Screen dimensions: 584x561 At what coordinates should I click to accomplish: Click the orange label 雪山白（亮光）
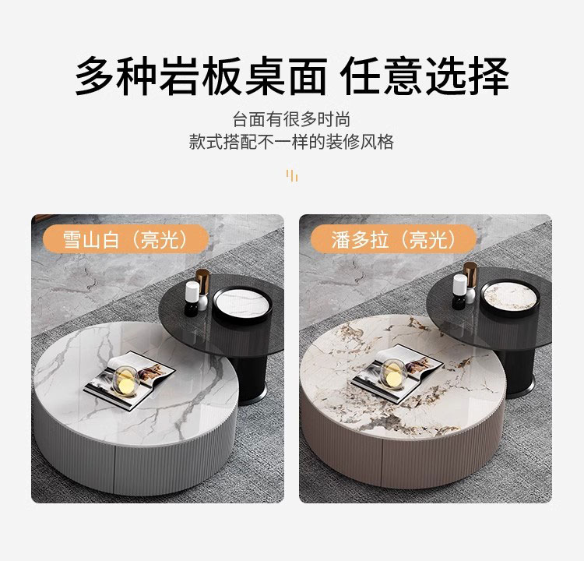[125, 239]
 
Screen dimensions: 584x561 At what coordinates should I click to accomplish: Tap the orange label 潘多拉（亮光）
[394, 239]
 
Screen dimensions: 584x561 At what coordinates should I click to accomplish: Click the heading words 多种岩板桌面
[201, 76]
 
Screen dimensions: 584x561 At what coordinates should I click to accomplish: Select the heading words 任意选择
[424, 76]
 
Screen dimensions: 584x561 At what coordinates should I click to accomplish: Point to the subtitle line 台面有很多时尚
[292, 120]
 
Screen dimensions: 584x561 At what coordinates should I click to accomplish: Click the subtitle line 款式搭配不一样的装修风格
[292, 142]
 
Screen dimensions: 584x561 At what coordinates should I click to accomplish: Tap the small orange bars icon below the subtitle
[292, 175]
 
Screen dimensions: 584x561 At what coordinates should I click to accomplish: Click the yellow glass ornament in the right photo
[393, 375]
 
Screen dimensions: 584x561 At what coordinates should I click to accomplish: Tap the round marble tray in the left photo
[242, 305]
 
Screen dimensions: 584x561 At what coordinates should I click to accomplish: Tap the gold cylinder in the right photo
[470, 275]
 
